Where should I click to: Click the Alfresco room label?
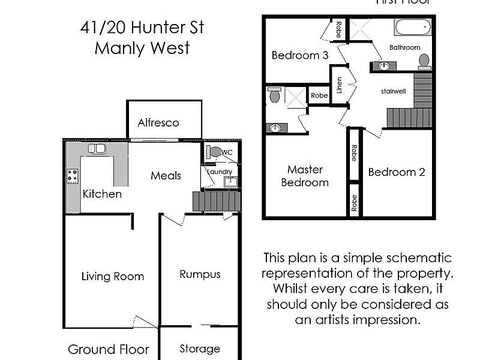[x=158, y=123]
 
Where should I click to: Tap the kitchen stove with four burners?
[x=73, y=176]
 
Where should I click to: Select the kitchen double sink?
[x=95, y=149]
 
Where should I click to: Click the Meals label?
[x=166, y=176]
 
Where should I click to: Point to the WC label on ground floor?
[x=227, y=152]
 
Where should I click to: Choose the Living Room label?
[x=113, y=277]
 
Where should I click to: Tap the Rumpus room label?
[x=200, y=274]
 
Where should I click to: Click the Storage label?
[x=200, y=349]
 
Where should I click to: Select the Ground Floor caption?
[x=108, y=349]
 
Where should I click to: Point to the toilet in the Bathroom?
[x=424, y=61]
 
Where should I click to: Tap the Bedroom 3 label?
[x=299, y=55]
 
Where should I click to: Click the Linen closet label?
[x=340, y=85]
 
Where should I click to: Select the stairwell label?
[x=394, y=92]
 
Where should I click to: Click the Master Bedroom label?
[x=305, y=176]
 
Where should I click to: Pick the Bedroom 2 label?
[x=397, y=172]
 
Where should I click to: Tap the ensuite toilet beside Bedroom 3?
[x=275, y=95]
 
